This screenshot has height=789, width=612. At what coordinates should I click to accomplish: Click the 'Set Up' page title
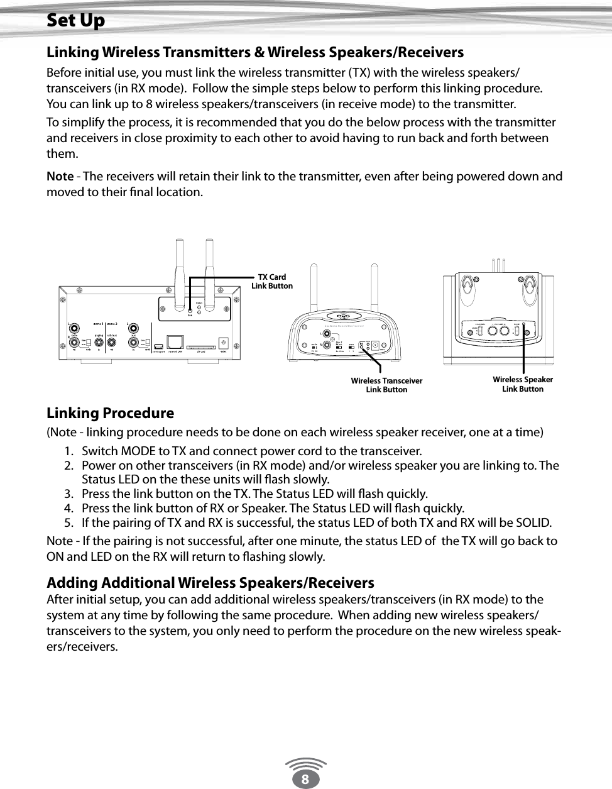(76, 21)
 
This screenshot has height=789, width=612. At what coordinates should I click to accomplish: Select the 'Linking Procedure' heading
(110, 413)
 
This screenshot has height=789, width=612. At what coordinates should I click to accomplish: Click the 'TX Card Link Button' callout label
(272, 282)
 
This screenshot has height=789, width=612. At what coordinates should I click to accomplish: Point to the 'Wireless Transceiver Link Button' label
(386, 385)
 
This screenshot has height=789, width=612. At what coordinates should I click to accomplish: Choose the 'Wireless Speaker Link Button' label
(522, 384)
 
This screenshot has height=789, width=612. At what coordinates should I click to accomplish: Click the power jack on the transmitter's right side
(223, 343)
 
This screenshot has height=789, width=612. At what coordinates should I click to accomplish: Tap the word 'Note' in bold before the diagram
(60, 176)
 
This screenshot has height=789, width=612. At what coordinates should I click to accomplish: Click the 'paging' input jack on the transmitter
(99, 343)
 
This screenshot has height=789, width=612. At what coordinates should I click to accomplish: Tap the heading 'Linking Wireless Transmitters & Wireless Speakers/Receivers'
(255, 52)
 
